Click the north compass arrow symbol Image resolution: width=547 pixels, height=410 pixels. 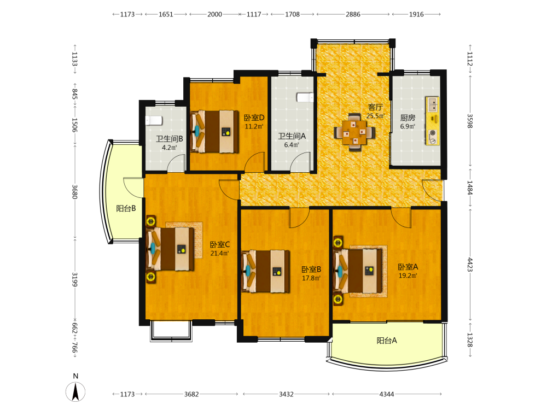click(x=75, y=391)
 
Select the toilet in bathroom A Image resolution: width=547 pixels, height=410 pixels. click(x=305, y=97)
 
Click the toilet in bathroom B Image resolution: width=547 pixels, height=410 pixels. click(x=154, y=120)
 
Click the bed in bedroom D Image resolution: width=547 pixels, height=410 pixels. click(x=214, y=131)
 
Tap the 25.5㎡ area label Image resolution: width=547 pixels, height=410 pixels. click(x=375, y=116)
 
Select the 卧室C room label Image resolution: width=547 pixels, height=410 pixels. click(x=220, y=245)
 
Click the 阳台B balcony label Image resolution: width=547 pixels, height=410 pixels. click(x=126, y=208)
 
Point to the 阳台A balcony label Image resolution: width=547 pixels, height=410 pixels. click(x=387, y=340)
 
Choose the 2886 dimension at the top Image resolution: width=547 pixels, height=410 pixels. click(x=353, y=14)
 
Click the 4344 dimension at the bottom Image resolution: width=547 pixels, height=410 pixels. click(x=387, y=394)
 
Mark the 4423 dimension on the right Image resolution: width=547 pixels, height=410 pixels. click(x=470, y=265)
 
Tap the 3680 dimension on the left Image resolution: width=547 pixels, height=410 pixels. click(x=74, y=192)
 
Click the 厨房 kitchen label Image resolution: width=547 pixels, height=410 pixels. click(x=408, y=118)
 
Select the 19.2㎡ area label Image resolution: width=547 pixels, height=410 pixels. click(x=408, y=276)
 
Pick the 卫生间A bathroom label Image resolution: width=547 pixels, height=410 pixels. click(x=292, y=136)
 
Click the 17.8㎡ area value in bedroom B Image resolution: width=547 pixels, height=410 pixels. click(x=311, y=278)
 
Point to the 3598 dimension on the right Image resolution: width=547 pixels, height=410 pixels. click(x=470, y=121)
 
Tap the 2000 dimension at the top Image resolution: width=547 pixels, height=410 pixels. click(x=214, y=14)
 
